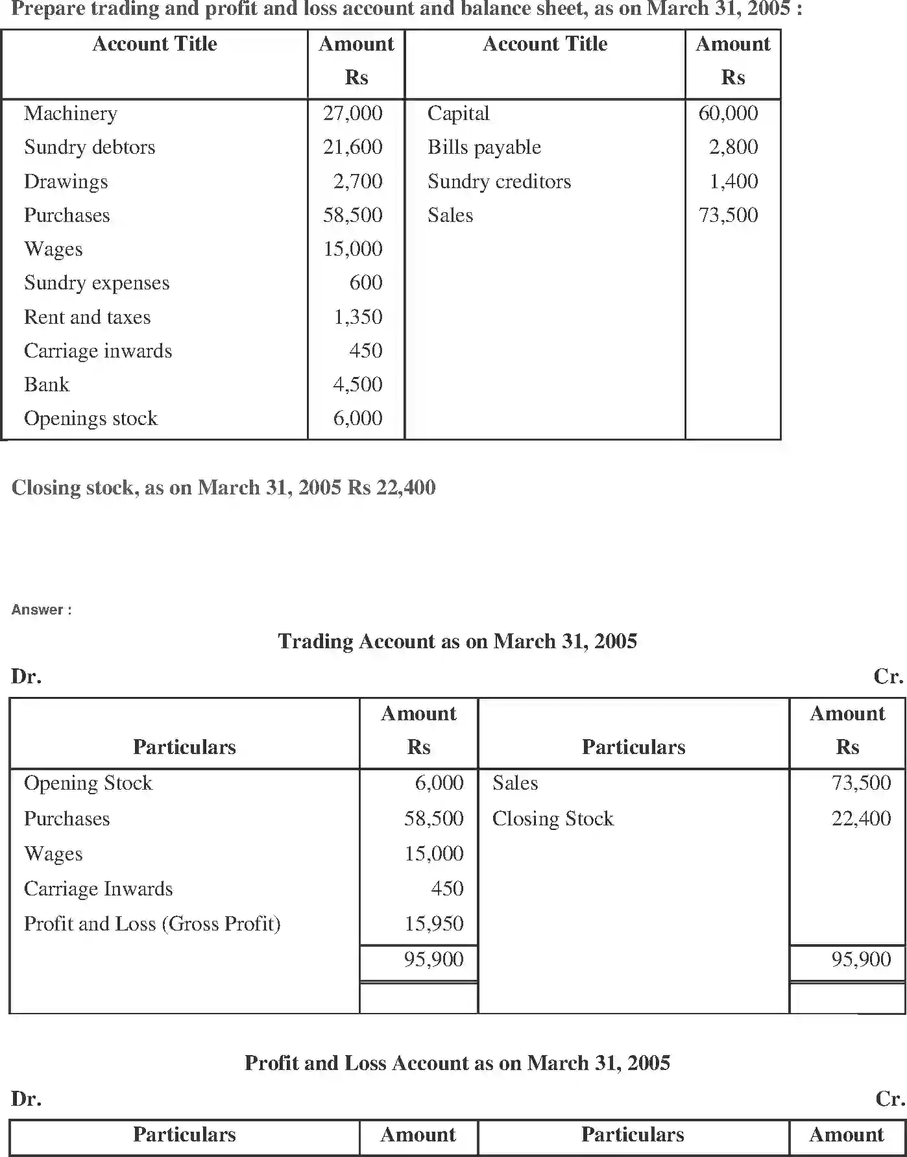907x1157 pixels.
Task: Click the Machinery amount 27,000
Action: (x=352, y=114)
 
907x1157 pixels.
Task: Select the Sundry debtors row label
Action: (x=90, y=147)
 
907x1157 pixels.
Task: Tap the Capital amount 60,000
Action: (x=728, y=114)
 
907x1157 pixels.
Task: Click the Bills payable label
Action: (x=484, y=147)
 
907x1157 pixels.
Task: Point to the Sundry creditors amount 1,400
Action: (x=733, y=181)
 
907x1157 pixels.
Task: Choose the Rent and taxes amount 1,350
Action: (x=357, y=317)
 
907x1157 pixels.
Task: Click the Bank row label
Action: (x=47, y=385)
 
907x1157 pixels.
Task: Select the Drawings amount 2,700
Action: (x=357, y=181)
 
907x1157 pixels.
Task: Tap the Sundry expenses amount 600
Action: (x=365, y=283)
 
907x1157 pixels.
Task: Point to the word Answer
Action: (x=38, y=610)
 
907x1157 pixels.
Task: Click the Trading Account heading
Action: (x=457, y=641)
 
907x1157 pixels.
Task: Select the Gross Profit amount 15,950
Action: (x=433, y=924)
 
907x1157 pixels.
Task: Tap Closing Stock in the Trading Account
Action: (x=553, y=819)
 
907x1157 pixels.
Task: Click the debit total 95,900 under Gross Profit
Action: (x=433, y=959)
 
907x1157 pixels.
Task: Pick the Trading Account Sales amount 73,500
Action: (x=861, y=783)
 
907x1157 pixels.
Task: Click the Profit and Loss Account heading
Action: (x=457, y=1063)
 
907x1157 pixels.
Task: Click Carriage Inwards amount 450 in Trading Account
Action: (x=447, y=889)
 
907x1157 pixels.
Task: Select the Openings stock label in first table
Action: (x=91, y=419)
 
